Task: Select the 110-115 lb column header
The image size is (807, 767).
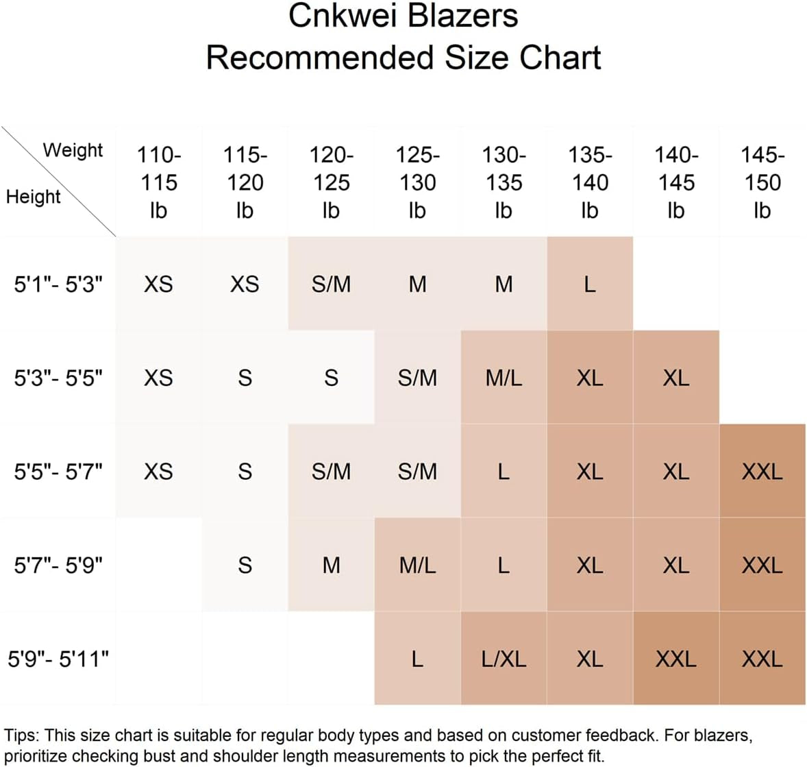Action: (x=158, y=182)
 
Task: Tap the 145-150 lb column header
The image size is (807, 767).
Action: (x=762, y=182)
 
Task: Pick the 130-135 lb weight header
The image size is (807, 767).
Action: (x=504, y=182)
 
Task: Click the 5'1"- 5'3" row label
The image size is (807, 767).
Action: (x=58, y=284)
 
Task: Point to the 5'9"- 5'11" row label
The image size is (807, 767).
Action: (x=58, y=659)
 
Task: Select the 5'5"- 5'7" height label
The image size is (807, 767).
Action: (x=58, y=472)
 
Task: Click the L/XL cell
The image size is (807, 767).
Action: (x=504, y=659)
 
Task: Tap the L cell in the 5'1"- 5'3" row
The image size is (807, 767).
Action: (x=589, y=284)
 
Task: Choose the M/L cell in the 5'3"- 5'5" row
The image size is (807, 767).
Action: (x=504, y=378)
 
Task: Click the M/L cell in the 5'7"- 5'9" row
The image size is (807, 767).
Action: (x=417, y=565)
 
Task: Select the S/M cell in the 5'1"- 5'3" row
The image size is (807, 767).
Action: (x=331, y=284)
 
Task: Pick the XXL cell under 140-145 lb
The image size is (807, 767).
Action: (x=675, y=659)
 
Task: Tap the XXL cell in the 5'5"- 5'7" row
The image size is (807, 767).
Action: (x=762, y=472)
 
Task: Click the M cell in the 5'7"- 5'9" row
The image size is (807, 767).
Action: (x=331, y=565)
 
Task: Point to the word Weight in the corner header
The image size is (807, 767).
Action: (x=73, y=150)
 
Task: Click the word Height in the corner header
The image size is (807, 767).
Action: (x=33, y=197)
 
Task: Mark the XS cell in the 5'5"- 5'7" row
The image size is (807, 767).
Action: (x=158, y=472)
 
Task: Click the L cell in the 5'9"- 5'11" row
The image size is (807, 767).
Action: (x=417, y=659)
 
